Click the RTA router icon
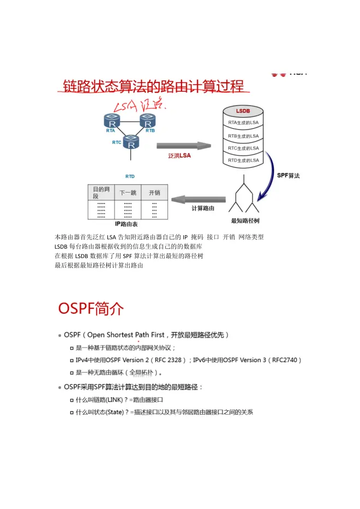point(112,121)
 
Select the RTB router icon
point(148,121)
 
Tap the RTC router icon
point(131,142)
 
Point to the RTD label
point(130,177)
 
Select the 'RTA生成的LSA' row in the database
point(243,123)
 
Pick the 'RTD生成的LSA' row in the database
point(243,160)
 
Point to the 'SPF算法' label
point(289,175)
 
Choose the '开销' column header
point(154,193)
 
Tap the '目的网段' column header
point(101,193)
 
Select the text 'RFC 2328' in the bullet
point(168,360)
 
